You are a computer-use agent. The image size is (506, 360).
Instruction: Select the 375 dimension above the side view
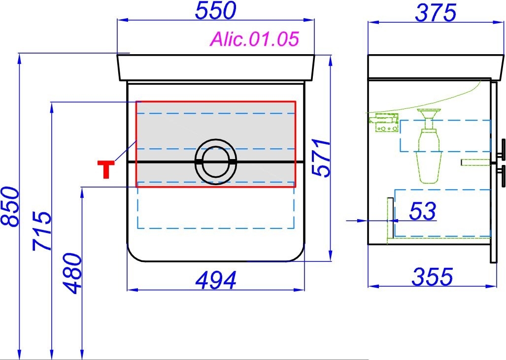point(436,13)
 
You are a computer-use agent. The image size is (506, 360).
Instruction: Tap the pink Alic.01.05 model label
point(255,39)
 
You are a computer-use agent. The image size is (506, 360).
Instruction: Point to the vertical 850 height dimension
point(10,206)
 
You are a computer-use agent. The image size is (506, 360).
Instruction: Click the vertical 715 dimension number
point(42,230)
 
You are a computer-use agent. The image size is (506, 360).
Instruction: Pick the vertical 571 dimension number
point(322,158)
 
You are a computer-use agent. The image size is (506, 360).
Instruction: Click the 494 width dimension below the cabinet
point(216,280)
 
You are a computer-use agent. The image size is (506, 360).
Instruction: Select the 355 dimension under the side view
point(433,276)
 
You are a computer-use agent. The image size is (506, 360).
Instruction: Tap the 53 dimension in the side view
point(423,211)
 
